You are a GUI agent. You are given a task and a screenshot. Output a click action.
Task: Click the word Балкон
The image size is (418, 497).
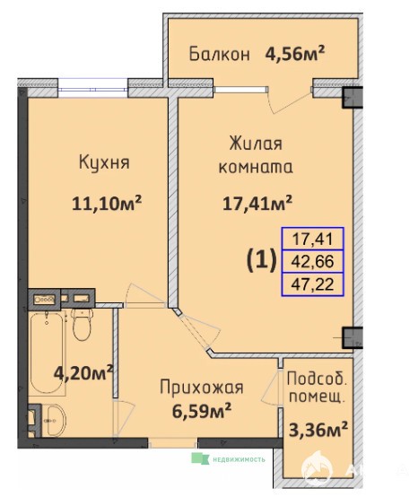pos(219,54)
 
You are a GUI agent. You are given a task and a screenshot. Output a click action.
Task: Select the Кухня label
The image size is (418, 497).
pos(104,162)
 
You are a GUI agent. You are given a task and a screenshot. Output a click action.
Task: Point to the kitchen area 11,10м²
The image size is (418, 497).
pos(107,203)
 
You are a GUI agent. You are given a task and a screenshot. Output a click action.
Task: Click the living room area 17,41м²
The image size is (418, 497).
pos(257,203)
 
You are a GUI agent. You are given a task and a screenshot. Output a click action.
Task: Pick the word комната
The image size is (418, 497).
pos(256,167)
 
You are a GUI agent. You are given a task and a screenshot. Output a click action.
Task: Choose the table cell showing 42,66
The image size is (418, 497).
pos(313,261)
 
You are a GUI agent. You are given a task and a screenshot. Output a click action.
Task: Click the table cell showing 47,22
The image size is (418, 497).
pos(313,284)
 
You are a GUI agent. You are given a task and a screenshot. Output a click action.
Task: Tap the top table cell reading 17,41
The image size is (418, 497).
pos(313,239)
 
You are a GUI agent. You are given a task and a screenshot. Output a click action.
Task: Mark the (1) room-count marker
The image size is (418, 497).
pos(262,261)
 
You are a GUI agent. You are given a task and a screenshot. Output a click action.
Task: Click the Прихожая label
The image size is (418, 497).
pos(202,388)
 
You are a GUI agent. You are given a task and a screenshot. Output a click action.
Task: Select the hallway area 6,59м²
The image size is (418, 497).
pos(202,411)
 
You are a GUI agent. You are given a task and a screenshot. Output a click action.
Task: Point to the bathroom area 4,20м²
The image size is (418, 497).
pos(83,373)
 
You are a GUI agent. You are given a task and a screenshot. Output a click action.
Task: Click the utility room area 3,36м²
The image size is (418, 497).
pos(318,430)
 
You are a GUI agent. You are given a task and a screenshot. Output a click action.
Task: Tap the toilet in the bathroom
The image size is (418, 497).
pos(83,324)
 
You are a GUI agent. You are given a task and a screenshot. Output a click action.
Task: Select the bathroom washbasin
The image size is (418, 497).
pos(55,420)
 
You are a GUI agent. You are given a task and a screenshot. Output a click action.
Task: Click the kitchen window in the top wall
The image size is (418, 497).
pos(93,88)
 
